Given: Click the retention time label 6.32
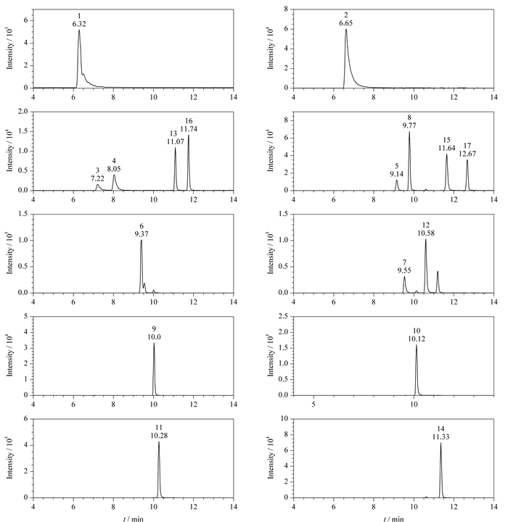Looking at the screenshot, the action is (x=79, y=24).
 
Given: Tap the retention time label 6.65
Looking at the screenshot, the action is (x=346, y=23).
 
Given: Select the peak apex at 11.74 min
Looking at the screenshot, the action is (x=189, y=135).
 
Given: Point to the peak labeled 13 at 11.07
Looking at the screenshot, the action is (x=176, y=148).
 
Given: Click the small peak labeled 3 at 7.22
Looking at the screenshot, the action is (x=97, y=184).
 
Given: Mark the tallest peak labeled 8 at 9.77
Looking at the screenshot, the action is (x=409, y=132).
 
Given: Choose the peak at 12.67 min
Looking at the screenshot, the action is (x=467, y=160).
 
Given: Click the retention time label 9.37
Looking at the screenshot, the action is (x=142, y=234).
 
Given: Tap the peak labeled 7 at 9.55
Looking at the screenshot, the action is (x=404, y=277).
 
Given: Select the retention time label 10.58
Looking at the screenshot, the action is (x=426, y=233).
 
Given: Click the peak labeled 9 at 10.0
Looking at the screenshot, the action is (x=154, y=344).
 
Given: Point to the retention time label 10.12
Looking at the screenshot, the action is (x=417, y=339).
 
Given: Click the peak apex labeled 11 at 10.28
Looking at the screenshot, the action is (x=159, y=442).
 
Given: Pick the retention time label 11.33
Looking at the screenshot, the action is (x=441, y=436).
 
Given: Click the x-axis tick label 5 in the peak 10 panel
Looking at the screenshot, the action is (x=314, y=404).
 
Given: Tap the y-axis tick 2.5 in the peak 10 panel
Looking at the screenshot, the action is (x=283, y=316).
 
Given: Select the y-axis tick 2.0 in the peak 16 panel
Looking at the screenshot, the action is (x=23, y=112).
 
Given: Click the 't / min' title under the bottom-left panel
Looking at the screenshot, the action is (x=134, y=518).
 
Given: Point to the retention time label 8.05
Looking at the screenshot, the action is (x=114, y=169).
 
